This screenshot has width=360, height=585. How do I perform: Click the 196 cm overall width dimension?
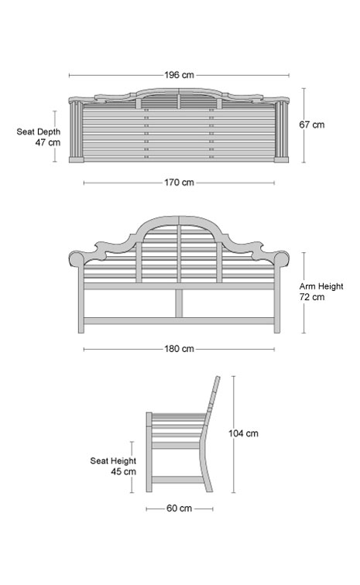click(180, 75)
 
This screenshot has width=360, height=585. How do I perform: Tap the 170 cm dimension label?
click(180, 183)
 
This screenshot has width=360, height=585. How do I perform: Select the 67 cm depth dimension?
click(312, 125)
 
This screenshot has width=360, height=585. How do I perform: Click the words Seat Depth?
click(38, 132)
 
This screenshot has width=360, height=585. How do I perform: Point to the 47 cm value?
click(48, 142)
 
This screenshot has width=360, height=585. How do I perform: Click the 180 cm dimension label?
click(180, 349)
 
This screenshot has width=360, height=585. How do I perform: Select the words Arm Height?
click(321, 286)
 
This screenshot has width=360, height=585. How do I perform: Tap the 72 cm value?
click(312, 297)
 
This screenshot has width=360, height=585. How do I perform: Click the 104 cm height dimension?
click(244, 433)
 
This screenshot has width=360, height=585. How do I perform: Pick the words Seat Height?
click(113, 460)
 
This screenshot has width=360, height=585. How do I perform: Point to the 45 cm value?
click(124, 471)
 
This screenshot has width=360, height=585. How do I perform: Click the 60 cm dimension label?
click(180, 508)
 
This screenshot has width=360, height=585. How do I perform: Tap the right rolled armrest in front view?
click(283, 258)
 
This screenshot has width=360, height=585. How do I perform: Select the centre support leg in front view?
click(180, 303)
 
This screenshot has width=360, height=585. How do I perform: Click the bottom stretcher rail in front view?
click(180, 321)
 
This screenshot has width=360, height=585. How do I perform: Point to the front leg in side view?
click(149, 452)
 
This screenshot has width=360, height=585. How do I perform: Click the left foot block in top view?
click(77, 159)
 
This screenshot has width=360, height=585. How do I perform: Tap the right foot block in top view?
click(282, 159)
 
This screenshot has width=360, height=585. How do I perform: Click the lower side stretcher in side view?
click(178, 480)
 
